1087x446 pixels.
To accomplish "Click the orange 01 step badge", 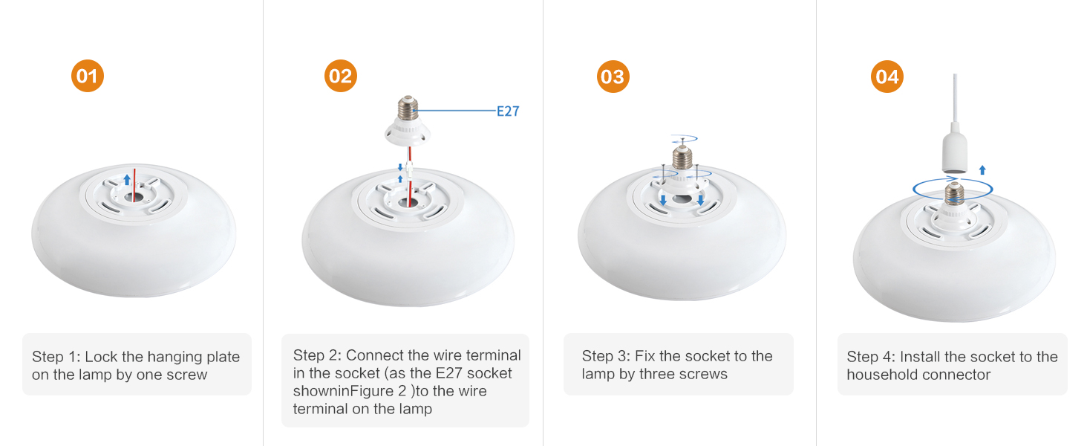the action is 88,76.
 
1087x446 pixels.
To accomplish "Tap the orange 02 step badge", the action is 341,76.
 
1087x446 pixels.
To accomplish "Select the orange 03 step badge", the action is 613,77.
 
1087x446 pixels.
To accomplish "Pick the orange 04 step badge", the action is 887,77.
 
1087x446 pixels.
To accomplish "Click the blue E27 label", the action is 508,111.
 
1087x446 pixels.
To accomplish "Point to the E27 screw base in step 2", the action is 408,108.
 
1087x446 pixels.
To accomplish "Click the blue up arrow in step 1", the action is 127,179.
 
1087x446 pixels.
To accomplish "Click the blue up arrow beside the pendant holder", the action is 982,170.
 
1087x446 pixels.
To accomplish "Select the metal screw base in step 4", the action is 954,193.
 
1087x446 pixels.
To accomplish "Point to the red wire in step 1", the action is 134,184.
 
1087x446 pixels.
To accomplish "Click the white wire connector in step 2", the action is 410,172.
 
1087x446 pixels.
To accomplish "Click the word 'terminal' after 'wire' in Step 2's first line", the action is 494,355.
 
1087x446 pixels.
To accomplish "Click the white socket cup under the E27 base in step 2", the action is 408,132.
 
